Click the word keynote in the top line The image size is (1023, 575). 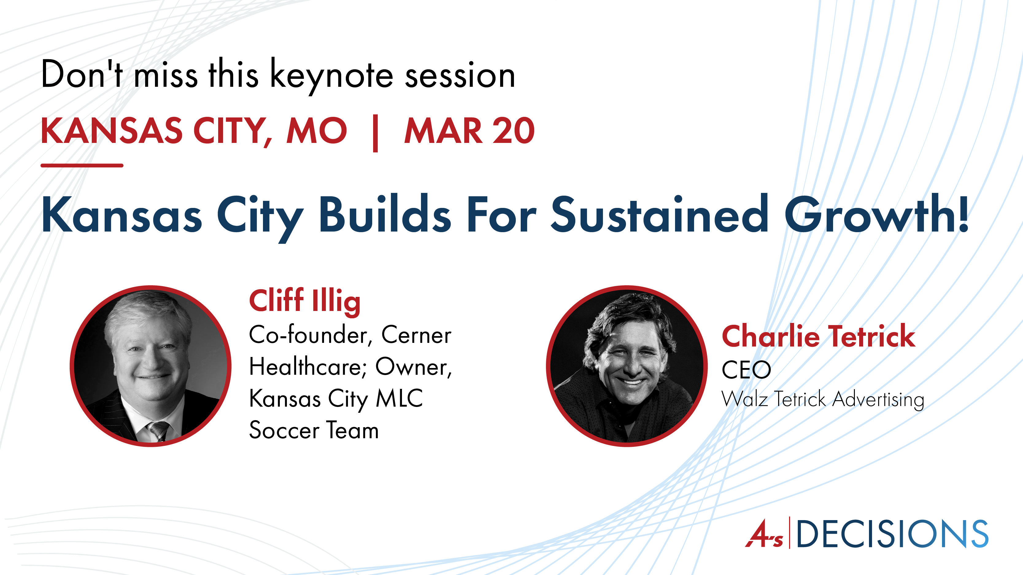tap(332, 75)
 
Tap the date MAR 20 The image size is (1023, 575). tap(469, 131)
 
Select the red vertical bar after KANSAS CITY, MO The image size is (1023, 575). tap(375, 133)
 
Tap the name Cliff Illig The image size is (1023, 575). tap(305, 301)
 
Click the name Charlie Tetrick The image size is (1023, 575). tap(818, 336)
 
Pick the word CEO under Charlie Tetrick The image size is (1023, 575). tap(746, 370)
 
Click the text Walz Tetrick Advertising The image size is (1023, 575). tap(823, 399)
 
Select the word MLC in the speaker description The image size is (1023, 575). tap(399, 398)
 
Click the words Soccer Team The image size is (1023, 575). tap(314, 430)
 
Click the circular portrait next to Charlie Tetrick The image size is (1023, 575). tap(627, 366)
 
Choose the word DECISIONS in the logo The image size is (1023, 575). tap(892, 534)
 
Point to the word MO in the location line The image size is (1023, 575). tap(317, 131)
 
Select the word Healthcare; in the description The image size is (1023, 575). tap(307, 367)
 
